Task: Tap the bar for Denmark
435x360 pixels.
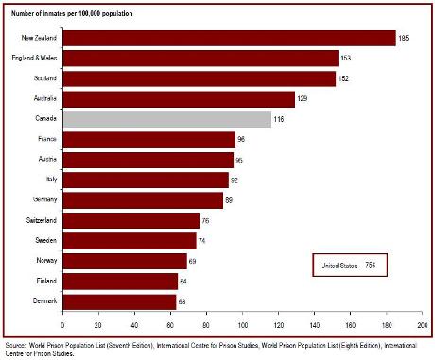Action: click(119, 301)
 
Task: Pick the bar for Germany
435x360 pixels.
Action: click(143, 200)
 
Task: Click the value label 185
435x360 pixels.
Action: click(404, 38)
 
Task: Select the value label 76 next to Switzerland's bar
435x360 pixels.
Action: click(207, 221)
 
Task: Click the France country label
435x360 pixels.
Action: click(48, 140)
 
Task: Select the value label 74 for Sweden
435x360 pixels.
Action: click(203, 241)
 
